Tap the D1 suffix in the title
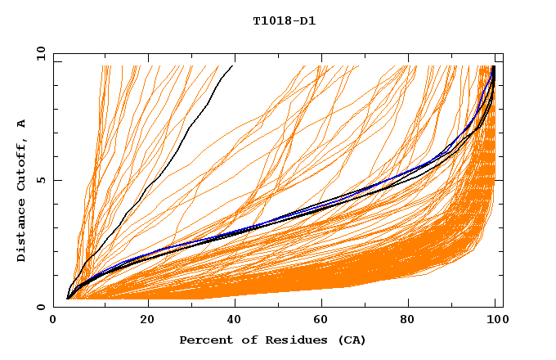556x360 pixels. click(x=307, y=20)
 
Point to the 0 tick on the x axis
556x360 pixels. click(x=53, y=320)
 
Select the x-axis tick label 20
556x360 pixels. click(x=147, y=320)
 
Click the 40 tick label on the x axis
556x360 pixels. click(x=235, y=320)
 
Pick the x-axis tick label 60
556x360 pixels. click(x=325, y=320)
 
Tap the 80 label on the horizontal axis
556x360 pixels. click(x=413, y=320)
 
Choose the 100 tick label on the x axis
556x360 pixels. click(x=495, y=320)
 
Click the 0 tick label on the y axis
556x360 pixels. click(x=41, y=307)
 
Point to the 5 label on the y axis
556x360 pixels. click(x=41, y=181)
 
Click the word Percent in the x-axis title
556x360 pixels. click(x=203, y=340)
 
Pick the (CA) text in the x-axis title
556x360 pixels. click(x=351, y=340)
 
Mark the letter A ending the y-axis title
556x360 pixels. click(x=21, y=124)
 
